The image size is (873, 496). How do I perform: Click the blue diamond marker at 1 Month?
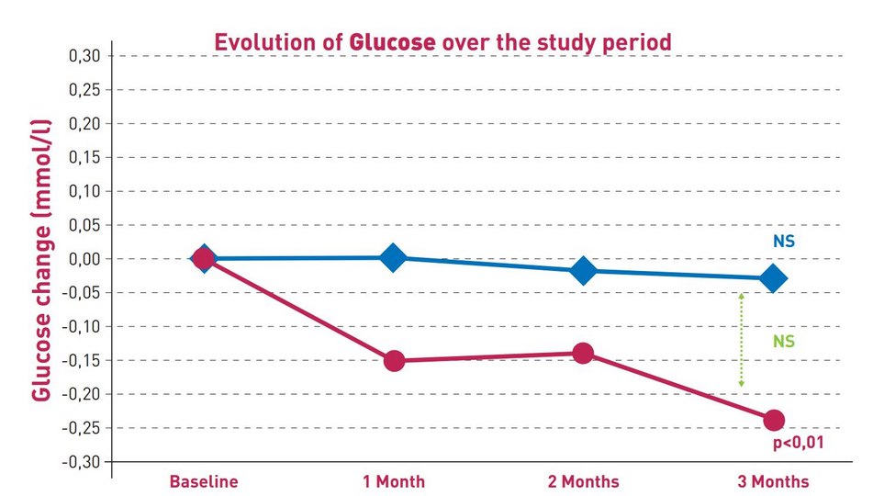point(393,258)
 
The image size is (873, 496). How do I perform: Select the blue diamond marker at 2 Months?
point(583,271)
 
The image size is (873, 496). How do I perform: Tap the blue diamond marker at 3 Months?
point(773,278)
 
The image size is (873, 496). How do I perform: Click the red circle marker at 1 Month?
point(394,360)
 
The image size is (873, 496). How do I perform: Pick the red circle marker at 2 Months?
point(583,353)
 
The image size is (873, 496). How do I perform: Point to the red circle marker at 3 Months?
point(773,420)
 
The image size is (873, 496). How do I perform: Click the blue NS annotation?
point(783,242)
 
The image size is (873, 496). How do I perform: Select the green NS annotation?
point(783,342)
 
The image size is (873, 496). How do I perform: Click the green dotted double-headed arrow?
point(741,340)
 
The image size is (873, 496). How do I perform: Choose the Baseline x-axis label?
point(203,481)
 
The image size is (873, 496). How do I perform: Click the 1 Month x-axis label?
point(394,481)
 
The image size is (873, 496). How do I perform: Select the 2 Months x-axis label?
point(583,481)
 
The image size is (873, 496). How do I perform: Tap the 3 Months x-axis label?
point(773,481)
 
